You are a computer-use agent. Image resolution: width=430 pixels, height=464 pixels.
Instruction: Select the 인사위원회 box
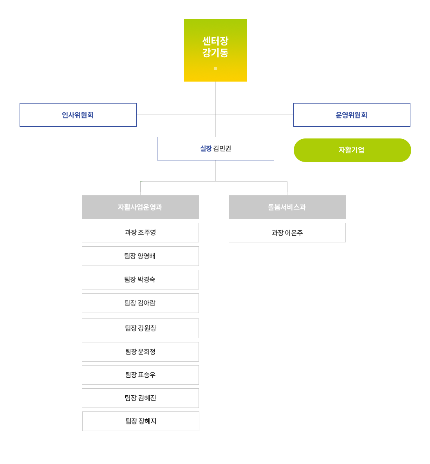[78, 115]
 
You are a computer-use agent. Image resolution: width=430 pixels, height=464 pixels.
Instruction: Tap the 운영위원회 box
[352, 115]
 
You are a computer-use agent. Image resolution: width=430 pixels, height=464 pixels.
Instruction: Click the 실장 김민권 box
[215, 149]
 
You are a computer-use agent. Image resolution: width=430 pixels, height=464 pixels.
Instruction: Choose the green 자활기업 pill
[352, 150]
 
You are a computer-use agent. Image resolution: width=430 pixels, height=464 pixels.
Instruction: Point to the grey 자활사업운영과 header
[140, 207]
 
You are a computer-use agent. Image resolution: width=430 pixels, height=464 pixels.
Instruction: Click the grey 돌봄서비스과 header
[287, 207]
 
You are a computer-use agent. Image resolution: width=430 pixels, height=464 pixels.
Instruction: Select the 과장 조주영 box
[140, 233]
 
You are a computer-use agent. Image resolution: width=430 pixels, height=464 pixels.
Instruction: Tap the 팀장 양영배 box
[140, 256]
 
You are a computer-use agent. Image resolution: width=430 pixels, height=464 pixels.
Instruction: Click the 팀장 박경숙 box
[140, 280]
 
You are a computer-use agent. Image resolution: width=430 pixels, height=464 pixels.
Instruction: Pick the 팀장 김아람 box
[140, 303]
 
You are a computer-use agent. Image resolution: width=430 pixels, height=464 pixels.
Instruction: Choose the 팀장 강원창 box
[140, 328]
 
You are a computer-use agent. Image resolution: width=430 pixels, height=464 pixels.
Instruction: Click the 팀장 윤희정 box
[140, 352]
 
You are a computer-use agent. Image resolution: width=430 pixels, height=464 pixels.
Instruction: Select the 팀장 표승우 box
[140, 375]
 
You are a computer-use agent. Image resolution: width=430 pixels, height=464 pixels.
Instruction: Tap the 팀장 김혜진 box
[140, 398]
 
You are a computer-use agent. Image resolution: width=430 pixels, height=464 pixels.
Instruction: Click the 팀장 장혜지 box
[141, 421]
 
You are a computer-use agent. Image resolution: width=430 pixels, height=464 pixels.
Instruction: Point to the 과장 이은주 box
[287, 233]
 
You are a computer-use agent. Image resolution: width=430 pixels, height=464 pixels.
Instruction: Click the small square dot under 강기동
[215, 68]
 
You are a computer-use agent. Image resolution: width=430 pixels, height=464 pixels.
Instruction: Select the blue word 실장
[206, 149]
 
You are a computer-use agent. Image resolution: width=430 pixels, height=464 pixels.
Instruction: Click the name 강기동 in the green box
[215, 53]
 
